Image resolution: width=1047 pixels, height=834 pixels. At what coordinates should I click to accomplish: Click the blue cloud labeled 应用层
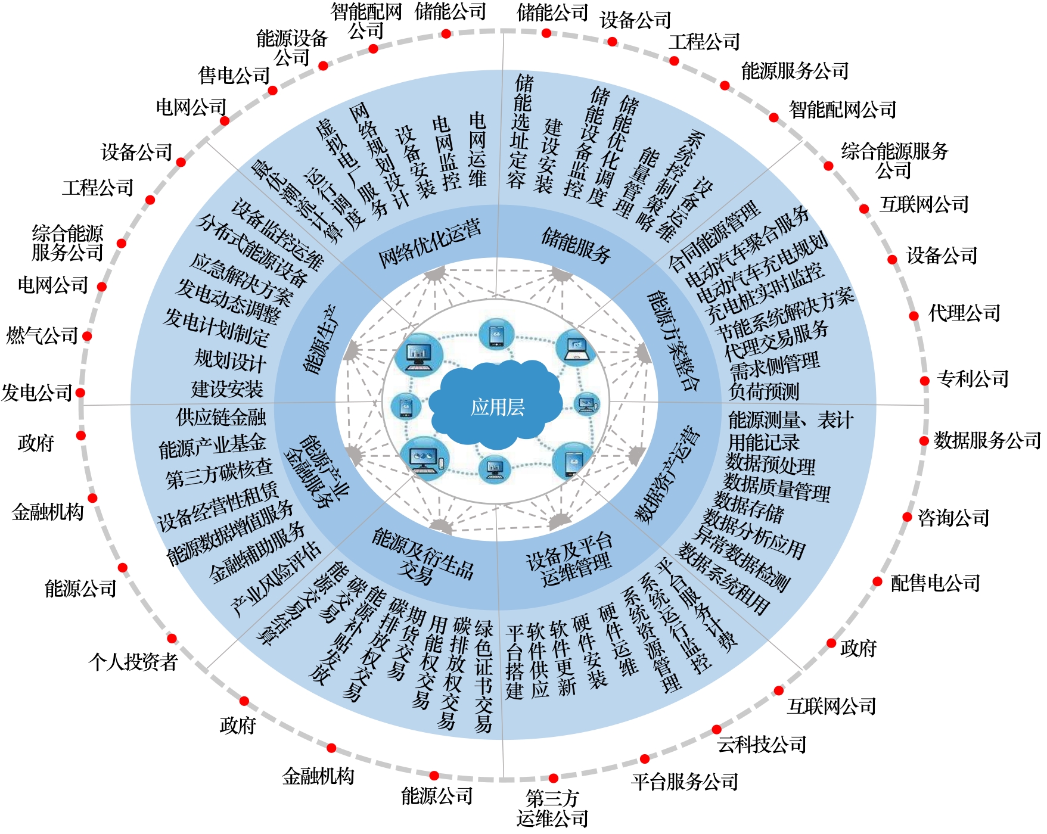pyautogui.click(x=497, y=407)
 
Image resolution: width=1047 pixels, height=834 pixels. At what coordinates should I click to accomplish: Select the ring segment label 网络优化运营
pyautogui.click(x=429, y=244)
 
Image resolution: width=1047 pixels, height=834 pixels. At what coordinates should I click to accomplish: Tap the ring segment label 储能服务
pyautogui.click(x=576, y=245)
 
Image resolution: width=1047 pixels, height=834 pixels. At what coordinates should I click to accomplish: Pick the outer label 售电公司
pyautogui.click(x=234, y=76)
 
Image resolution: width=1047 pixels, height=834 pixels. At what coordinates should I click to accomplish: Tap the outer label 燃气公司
pyautogui.click(x=42, y=336)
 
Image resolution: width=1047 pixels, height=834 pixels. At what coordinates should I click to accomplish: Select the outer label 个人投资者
pyautogui.click(x=133, y=661)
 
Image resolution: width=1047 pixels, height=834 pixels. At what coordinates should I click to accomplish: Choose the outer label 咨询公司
pyautogui.click(x=953, y=518)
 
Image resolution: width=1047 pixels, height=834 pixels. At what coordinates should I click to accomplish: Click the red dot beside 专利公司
pyautogui.click(x=924, y=381)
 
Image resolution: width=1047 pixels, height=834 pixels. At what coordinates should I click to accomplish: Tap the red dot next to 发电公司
pyautogui.click(x=80, y=393)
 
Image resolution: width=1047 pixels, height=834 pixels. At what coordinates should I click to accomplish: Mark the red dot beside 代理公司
pyautogui.click(x=914, y=316)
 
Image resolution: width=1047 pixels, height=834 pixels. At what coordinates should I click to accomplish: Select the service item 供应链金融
pyautogui.click(x=221, y=418)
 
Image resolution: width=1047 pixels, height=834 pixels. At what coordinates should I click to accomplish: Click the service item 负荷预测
pyautogui.click(x=764, y=391)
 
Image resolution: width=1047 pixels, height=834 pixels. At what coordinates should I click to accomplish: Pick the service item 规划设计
pyautogui.click(x=230, y=360)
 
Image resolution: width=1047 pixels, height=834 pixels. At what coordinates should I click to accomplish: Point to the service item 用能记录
pyautogui.click(x=763, y=442)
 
